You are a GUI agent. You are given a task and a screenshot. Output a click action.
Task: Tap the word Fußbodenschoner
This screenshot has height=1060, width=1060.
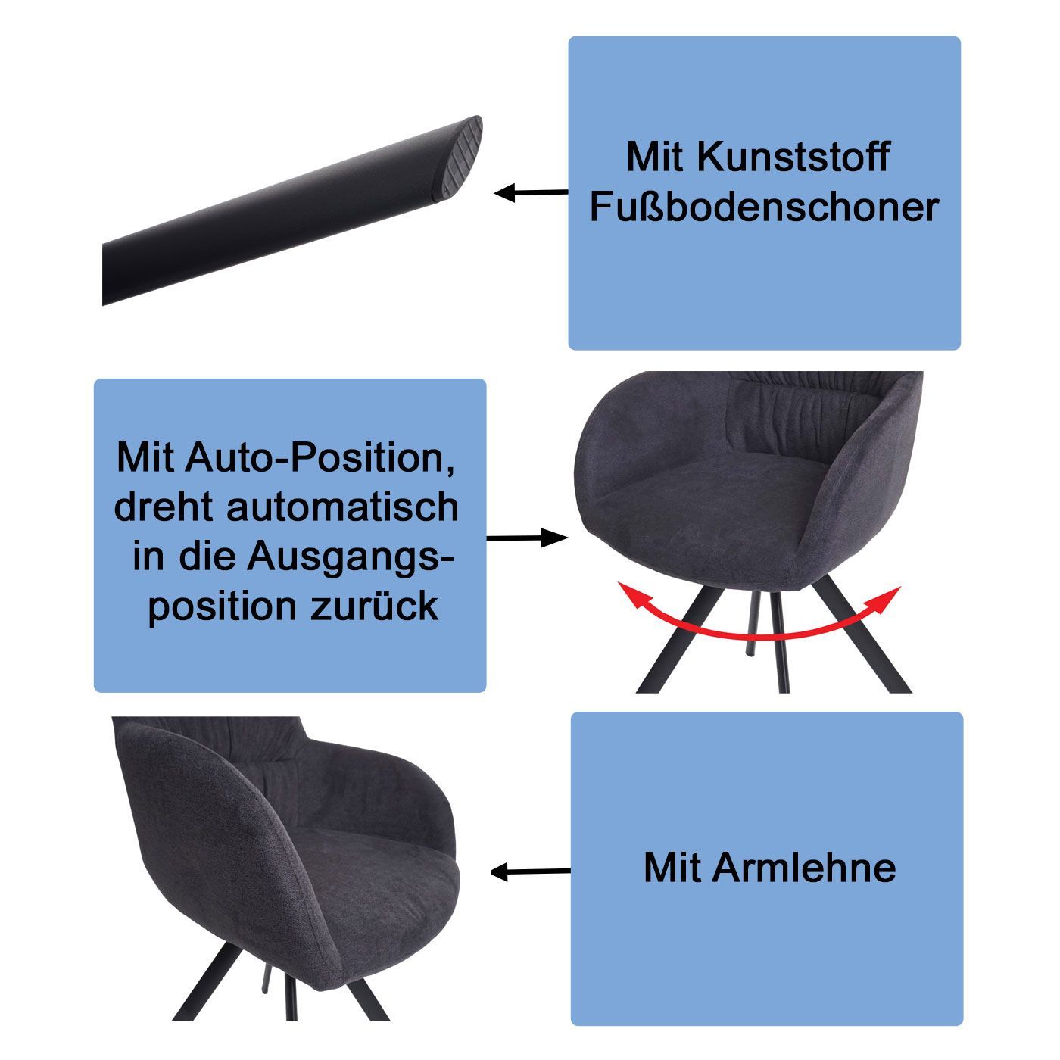764,207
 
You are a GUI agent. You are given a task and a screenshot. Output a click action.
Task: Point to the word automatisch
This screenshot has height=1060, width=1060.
343,507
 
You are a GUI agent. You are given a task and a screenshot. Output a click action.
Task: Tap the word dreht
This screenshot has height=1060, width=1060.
164,507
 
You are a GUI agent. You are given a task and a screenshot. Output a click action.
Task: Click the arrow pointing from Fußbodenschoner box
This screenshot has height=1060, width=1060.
531,193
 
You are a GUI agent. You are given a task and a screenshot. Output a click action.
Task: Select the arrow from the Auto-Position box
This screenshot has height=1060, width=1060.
527,538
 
